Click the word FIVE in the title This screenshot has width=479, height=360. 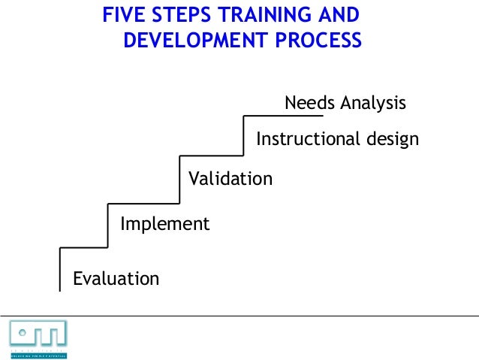point(122,14)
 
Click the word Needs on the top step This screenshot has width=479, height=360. point(308,103)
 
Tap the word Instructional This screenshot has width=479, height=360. point(305,140)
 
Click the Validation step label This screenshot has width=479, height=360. point(230,179)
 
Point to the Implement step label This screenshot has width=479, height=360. point(164,224)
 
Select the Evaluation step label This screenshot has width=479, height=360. point(116,279)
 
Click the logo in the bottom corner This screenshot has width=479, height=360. point(38,337)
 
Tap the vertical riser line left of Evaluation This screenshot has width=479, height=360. point(59,269)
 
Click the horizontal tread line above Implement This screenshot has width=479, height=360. point(143,204)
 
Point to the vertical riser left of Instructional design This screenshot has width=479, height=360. point(245,135)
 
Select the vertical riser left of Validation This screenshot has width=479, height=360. point(180,179)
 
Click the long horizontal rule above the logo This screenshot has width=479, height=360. point(239,310)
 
